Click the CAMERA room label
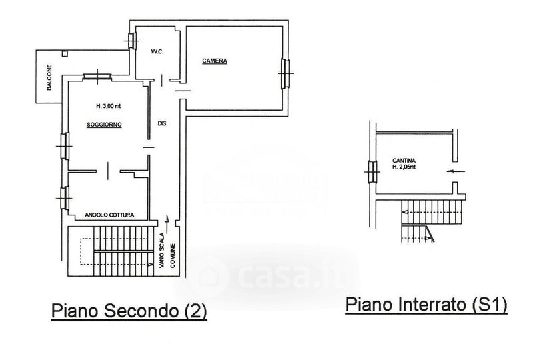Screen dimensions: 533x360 click(x=215, y=61)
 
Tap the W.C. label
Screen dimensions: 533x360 click(x=158, y=51)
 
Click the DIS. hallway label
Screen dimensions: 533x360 click(x=162, y=124)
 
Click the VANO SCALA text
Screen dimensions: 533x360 click(x=161, y=248)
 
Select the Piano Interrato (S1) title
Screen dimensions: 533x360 click(x=427, y=305)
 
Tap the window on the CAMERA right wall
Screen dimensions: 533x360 click(x=287, y=72)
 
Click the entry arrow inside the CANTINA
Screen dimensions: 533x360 click(x=450, y=172)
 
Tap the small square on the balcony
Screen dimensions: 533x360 click(x=64, y=53)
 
